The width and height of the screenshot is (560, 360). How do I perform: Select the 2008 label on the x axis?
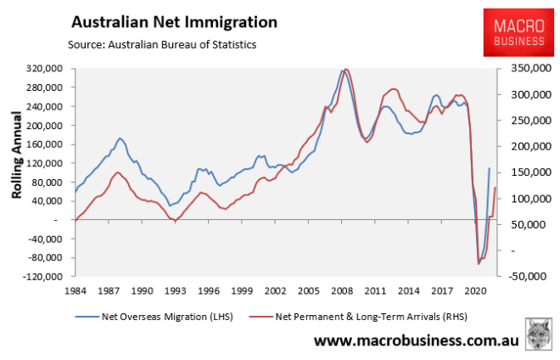[343, 290]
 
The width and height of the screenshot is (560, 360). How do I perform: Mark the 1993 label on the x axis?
[175, 290]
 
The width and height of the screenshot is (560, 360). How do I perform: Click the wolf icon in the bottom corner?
[537, 335]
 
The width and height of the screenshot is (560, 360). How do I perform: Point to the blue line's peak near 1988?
[120, 138]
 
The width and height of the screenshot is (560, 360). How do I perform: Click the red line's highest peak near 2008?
[345, 69]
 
